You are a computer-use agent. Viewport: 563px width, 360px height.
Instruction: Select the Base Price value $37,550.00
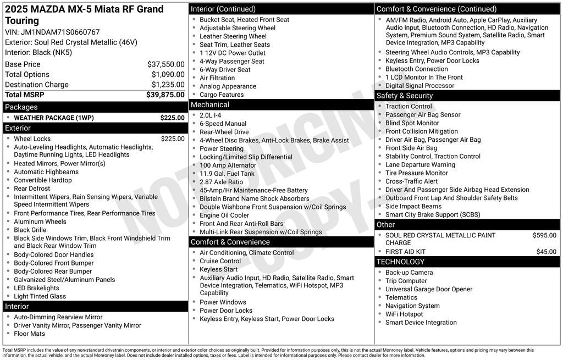[x=165, y=64]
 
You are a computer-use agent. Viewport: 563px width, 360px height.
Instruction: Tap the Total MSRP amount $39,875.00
[x=165, y=95]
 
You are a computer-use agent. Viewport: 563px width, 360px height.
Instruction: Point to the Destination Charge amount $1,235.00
[x=168, y=85]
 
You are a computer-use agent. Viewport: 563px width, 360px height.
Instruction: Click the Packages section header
[x=21, y=107]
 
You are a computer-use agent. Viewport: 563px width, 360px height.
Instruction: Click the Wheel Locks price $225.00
[x=173, y=139]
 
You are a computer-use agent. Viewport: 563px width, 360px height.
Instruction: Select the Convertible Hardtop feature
[x=42, y=180]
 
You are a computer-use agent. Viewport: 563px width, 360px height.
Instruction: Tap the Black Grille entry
[x=30, y=230]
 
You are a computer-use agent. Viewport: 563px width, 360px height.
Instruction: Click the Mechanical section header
[x=210, y=104]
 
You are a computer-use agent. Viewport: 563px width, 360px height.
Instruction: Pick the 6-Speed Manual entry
[x=223, y=124]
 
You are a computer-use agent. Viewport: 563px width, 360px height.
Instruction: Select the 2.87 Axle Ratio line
[x=221, y=182]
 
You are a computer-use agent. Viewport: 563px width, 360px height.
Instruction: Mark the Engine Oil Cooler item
[x=224, y=215]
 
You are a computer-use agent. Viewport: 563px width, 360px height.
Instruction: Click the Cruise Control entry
[x=220, y=261]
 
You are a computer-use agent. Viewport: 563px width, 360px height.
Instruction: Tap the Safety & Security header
[x=405, y=96]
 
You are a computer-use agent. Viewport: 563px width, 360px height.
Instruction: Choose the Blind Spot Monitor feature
[x=412, y=123]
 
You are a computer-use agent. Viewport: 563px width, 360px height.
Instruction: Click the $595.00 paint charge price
[x=544, y=235]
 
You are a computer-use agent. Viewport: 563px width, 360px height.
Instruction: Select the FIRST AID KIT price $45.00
[x=546, y=252]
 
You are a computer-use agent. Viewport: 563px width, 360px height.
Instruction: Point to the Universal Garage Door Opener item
[x=428, y=289]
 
